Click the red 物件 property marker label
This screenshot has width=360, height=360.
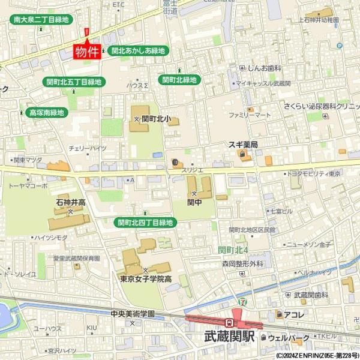86,52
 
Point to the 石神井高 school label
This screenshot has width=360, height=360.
71,202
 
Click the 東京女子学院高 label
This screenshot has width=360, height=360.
146,278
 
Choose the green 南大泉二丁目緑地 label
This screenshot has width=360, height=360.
41,20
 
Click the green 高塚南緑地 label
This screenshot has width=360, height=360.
47,112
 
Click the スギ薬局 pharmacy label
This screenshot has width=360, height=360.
242,145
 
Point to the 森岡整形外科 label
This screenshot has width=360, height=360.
242,263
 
